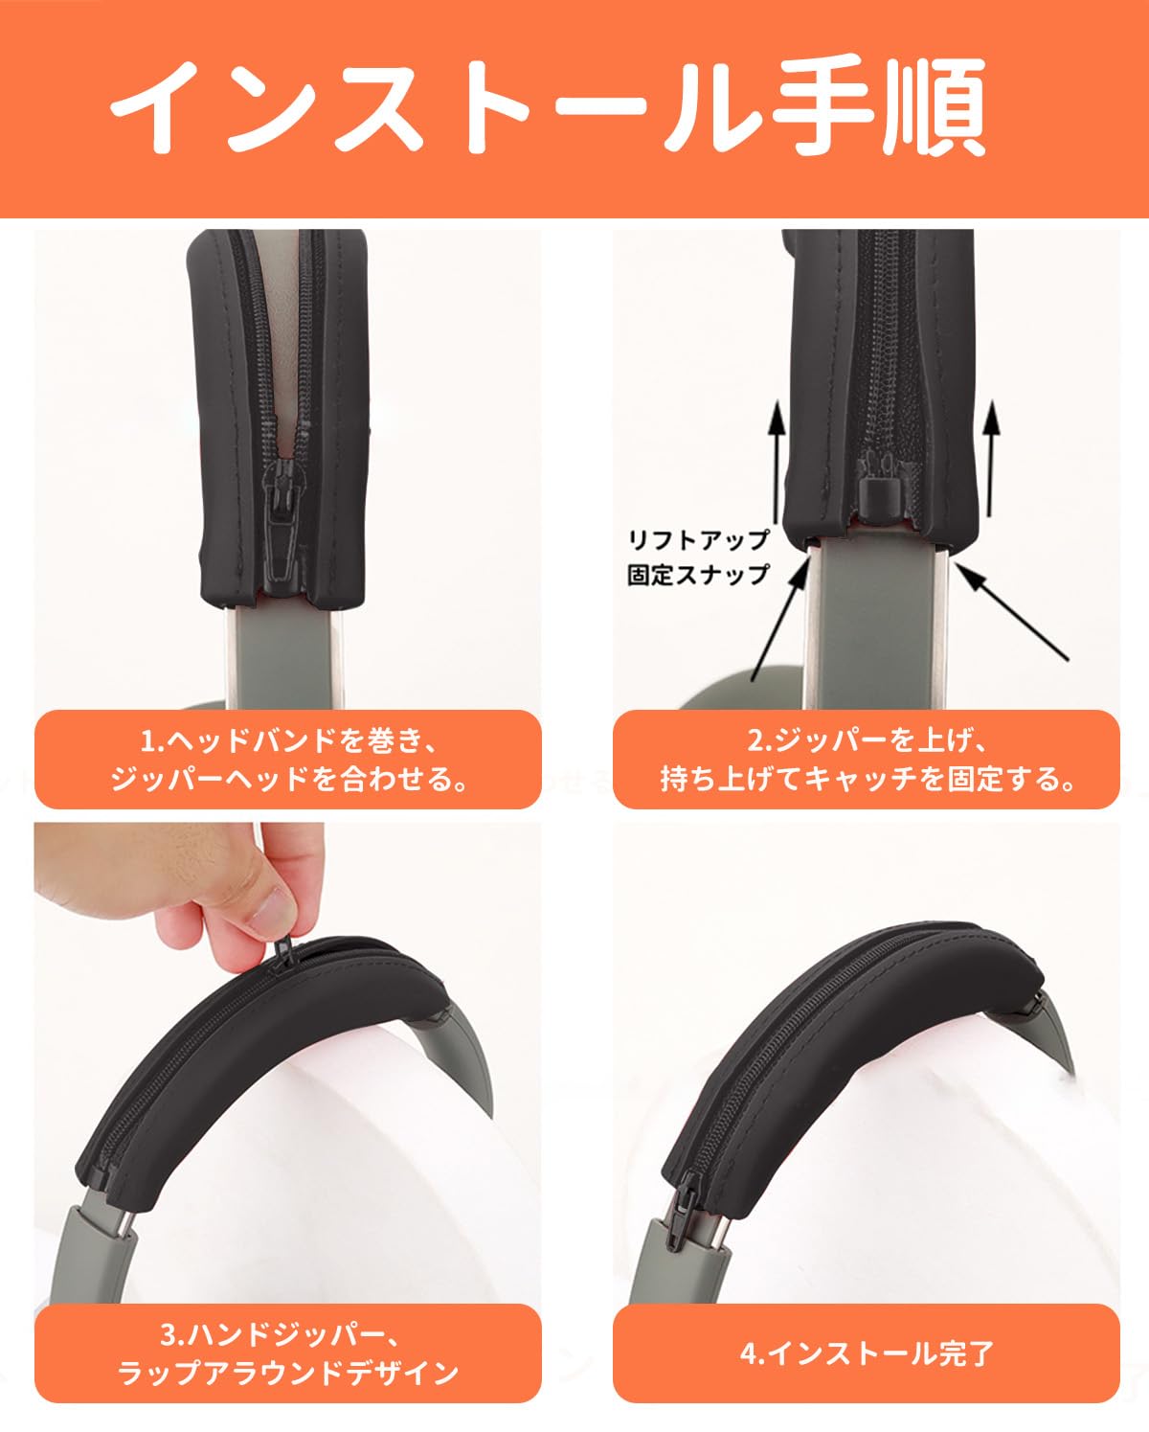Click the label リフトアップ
[x=698, y=539]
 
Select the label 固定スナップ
[x=698, y=575]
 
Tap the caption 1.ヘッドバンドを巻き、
[x=288, y=740]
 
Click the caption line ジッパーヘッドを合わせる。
[x=288, y=779]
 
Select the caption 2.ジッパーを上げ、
[x=867, y=740]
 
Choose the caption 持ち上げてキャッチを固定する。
[x=867, y=779]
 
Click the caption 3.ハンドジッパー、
[x=288, y=1333]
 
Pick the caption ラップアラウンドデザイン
[x=288, y=1373]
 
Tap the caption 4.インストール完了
[x=867, y=1352]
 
